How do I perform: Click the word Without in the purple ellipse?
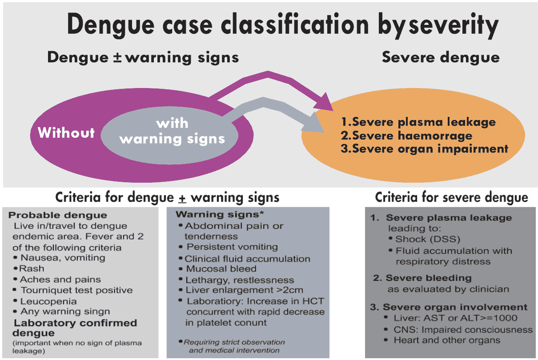(x=66, y=132)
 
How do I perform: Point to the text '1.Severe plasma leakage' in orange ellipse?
(x=418, y=122)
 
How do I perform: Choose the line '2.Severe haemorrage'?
(x=406, y=135)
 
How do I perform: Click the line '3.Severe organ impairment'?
(x=424, y=148)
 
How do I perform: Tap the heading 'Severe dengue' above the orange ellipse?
(x=441, y=57)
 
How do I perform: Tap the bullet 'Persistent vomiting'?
(x=232, y=247)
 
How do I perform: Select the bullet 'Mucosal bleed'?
(x=221, y=269)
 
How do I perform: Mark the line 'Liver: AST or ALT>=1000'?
(x=455, y=318)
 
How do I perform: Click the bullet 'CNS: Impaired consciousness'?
(x=463, y=329)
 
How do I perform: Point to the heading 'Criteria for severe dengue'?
(x=451, y=197)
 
